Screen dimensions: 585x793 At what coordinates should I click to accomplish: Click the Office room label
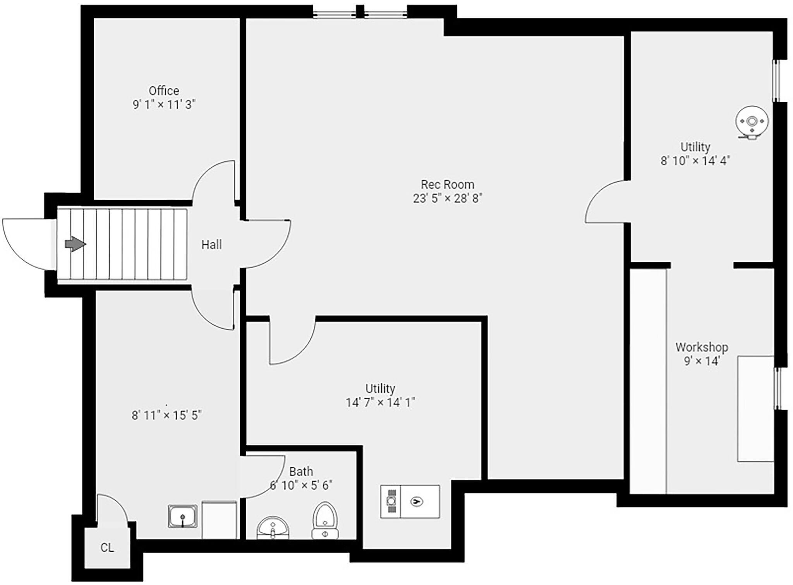click(164, 91)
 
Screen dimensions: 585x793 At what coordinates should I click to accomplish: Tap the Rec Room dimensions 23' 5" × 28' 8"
click(447, 198)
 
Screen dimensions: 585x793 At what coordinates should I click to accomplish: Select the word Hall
click(211, 244)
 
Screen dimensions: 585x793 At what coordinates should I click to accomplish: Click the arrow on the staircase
click(75, 244)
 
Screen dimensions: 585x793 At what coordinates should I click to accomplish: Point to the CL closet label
click(107, 547)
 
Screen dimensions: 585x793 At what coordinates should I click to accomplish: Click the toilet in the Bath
click(325, 521)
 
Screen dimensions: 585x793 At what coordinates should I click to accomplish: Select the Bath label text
click(301, 471)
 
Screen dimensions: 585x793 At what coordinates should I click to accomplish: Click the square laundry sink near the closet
click(182, 516)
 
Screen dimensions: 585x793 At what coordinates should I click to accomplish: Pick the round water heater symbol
click(752, 122)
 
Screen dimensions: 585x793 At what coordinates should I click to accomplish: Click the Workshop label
click(702, 347)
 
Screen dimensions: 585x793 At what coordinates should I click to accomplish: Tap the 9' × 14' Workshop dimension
click(702, 361)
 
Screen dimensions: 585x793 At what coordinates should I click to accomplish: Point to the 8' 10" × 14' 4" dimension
click(695, 161)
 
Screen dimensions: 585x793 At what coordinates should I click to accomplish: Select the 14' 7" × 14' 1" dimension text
click(380, 403)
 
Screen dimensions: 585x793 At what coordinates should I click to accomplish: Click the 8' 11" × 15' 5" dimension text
click(166, 415)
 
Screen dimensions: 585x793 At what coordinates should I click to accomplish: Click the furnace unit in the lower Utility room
click(410, 501)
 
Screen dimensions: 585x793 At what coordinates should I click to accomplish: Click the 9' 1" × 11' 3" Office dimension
click(164, 105)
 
